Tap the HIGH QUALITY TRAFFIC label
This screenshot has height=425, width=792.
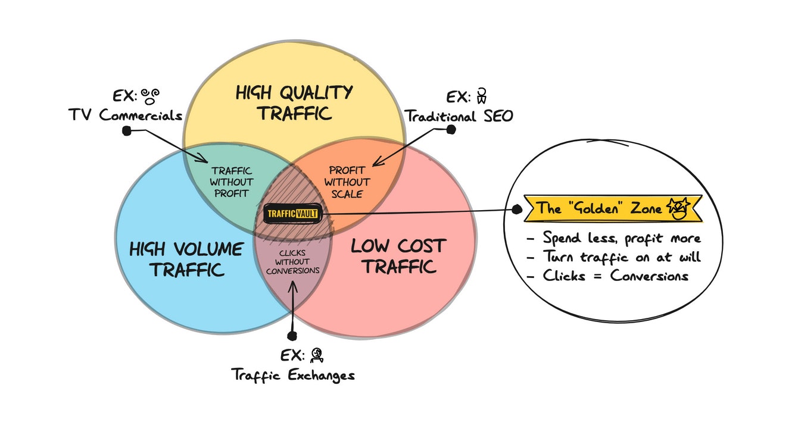[294, 102]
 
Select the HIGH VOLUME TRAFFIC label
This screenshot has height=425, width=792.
[186, 259]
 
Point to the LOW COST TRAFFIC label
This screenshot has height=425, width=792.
[398, 256]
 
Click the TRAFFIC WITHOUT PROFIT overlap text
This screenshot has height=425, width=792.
[232, 182]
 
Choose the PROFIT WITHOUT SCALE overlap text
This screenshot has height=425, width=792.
[347, 182]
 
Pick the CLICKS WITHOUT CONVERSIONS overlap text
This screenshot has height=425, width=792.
[292, 261]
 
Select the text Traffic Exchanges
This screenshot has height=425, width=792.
[292, 374]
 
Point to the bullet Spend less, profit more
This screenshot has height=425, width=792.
[620, 238]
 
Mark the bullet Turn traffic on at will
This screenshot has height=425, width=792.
[622, 257]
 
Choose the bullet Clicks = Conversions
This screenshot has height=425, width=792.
[615, 276]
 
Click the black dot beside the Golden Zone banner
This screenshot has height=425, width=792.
[517, 210]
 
